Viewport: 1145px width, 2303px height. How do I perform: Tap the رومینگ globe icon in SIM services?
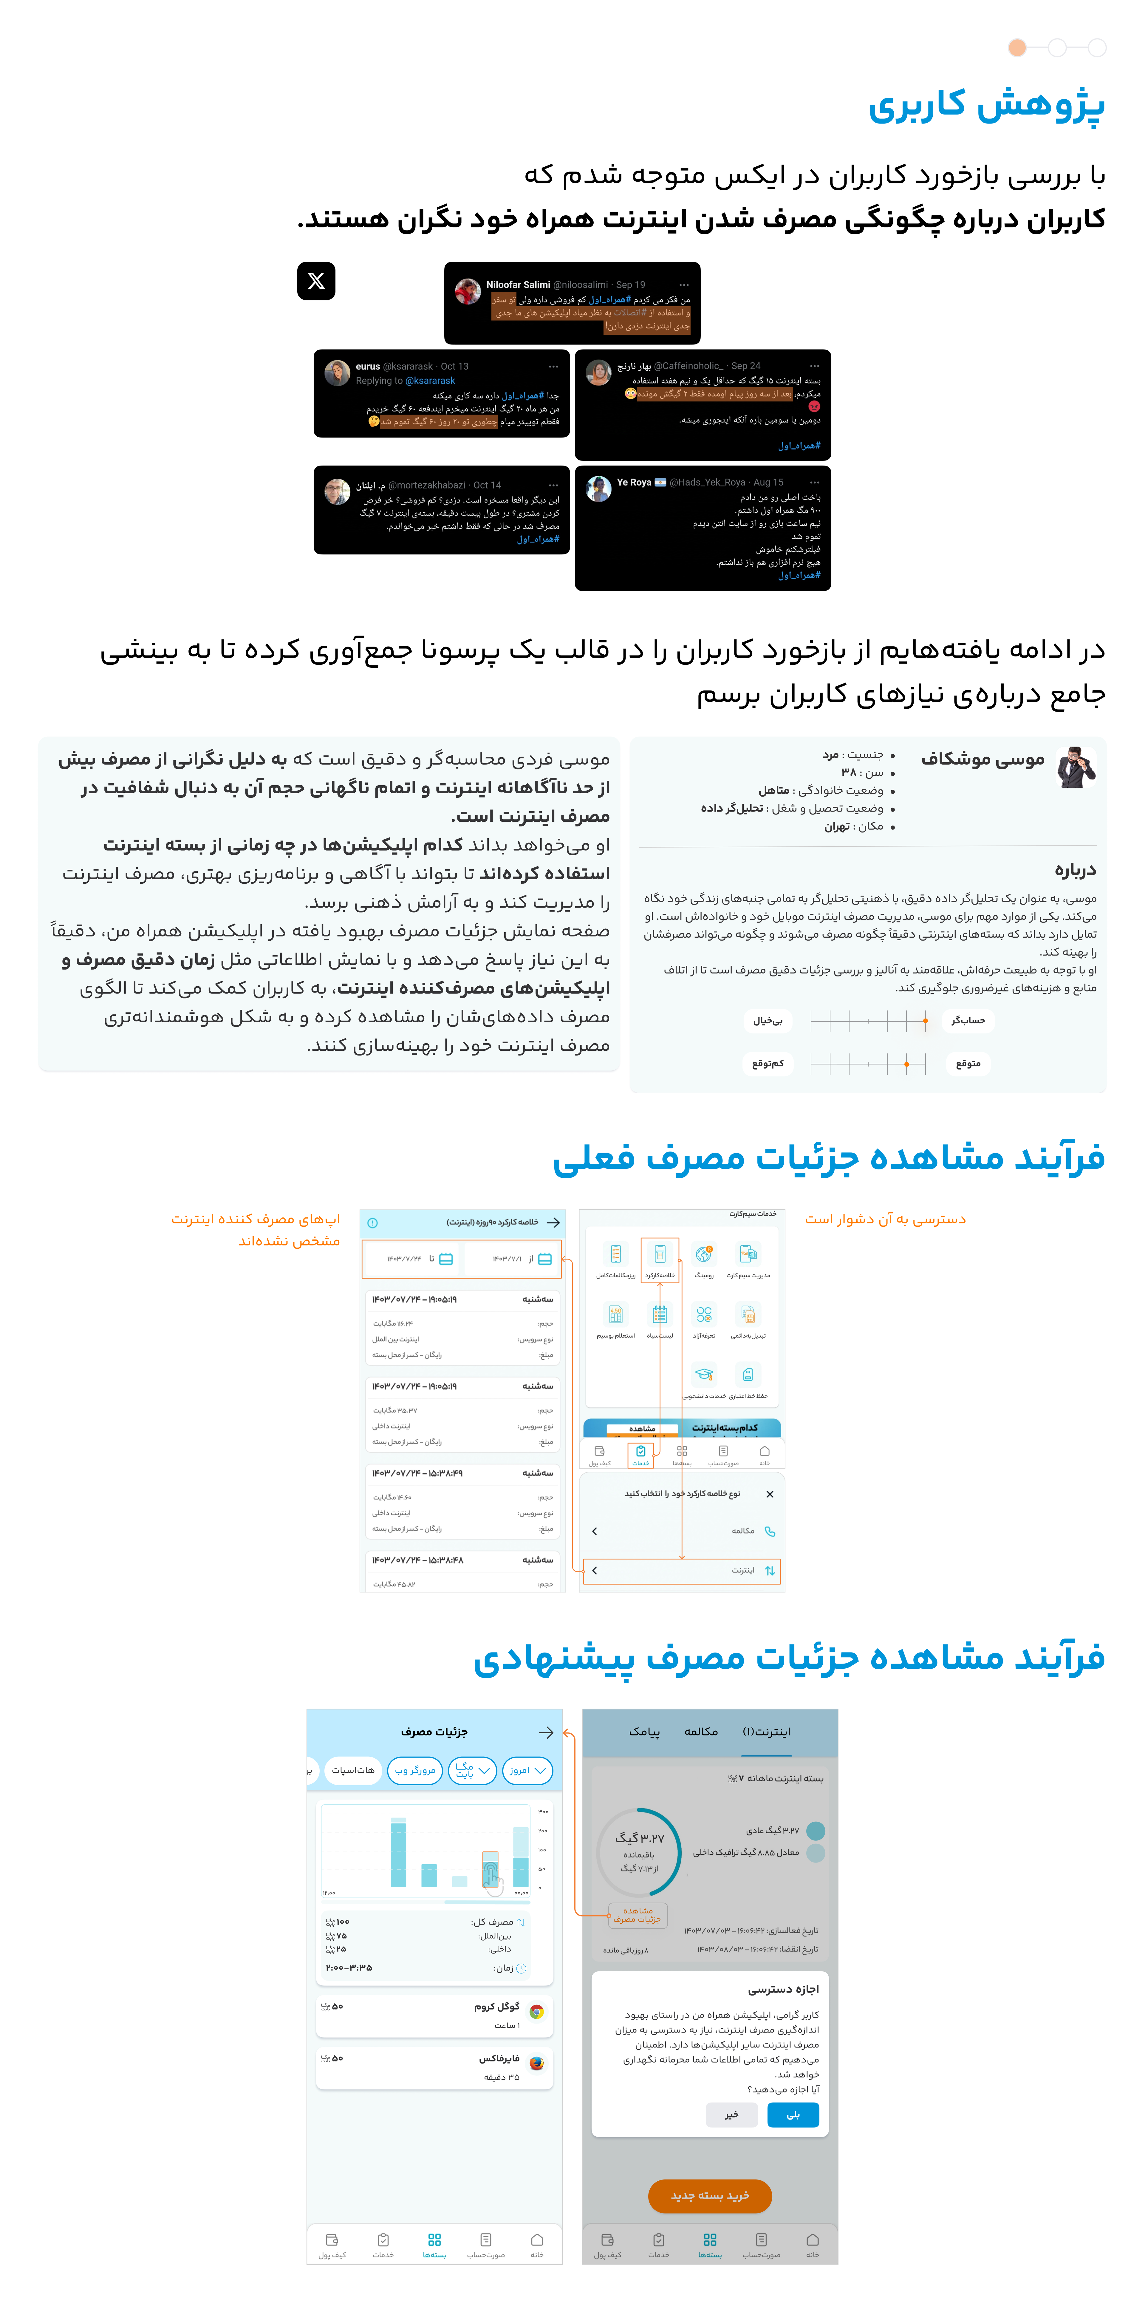tap(704, 1253)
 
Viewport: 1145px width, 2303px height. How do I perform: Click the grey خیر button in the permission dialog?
tap(731, 2114)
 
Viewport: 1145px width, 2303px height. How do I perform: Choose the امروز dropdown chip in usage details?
tap(527, 1770)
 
